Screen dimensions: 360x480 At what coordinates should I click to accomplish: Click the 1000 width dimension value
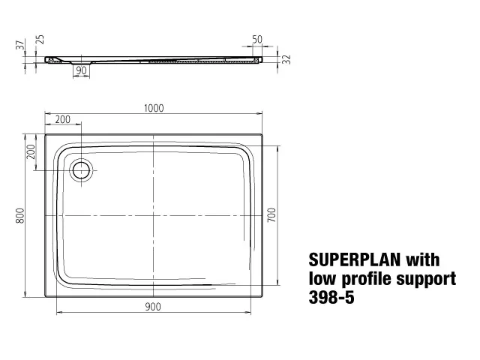153,108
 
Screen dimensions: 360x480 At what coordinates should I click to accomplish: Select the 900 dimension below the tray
153,306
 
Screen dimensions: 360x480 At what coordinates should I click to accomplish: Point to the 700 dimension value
272,215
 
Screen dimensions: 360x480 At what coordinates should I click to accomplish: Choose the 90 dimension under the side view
80,70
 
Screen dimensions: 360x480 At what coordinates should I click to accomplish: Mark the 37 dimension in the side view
20,45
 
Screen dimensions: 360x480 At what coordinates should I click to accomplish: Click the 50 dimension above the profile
257,38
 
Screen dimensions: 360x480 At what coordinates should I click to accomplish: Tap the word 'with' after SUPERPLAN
423,261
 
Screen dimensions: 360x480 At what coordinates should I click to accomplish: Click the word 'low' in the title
322,279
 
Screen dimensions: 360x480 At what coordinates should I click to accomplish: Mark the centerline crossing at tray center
153,215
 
